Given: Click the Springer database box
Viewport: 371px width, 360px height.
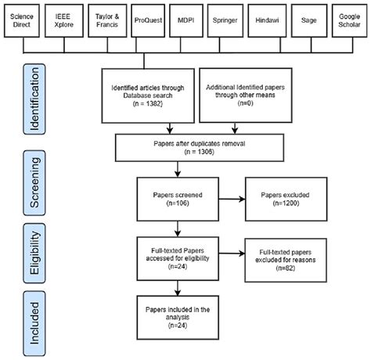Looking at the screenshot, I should point(226,26).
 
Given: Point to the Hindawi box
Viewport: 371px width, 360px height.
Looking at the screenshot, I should point(268,26).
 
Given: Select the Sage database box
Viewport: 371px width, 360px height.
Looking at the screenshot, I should point(308,26).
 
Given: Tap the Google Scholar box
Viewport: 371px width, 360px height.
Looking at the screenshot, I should point(348,26).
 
